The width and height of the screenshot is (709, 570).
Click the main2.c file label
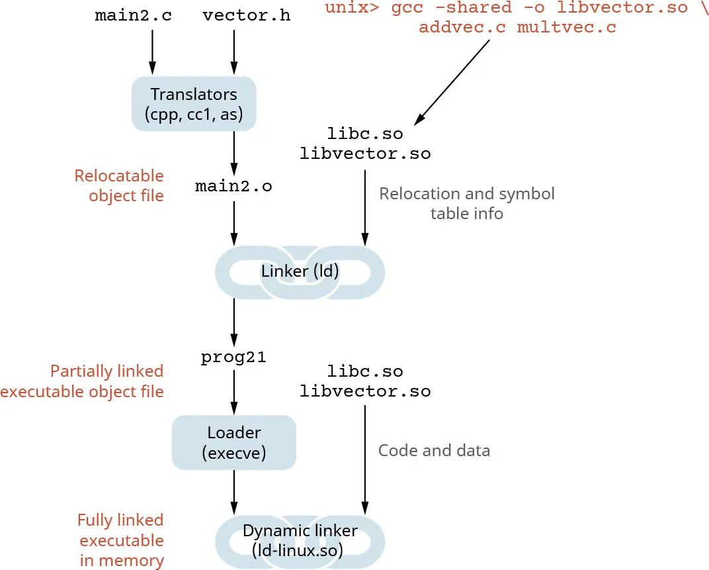click(133, 15)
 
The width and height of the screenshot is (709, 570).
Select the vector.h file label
click(246, 15)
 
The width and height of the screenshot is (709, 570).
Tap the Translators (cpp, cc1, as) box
click(194, 104)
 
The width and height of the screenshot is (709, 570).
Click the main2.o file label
click(233, 187)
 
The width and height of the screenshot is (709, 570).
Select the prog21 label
click(233, 357)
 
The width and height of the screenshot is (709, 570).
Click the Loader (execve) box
click(233, 442)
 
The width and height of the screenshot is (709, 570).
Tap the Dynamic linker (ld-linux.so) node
click(300, 540)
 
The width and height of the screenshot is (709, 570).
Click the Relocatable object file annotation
click(119, 185)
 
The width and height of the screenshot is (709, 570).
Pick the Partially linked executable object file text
click(82, 381)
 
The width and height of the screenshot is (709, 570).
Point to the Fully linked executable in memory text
click(120, 540)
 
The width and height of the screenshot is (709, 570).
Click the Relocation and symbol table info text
click(467, 203)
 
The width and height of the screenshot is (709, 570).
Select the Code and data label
click(434, 451)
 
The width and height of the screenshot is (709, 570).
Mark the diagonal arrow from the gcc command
click(452, 82)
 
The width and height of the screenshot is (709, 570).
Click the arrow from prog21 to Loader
click(233, 392)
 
